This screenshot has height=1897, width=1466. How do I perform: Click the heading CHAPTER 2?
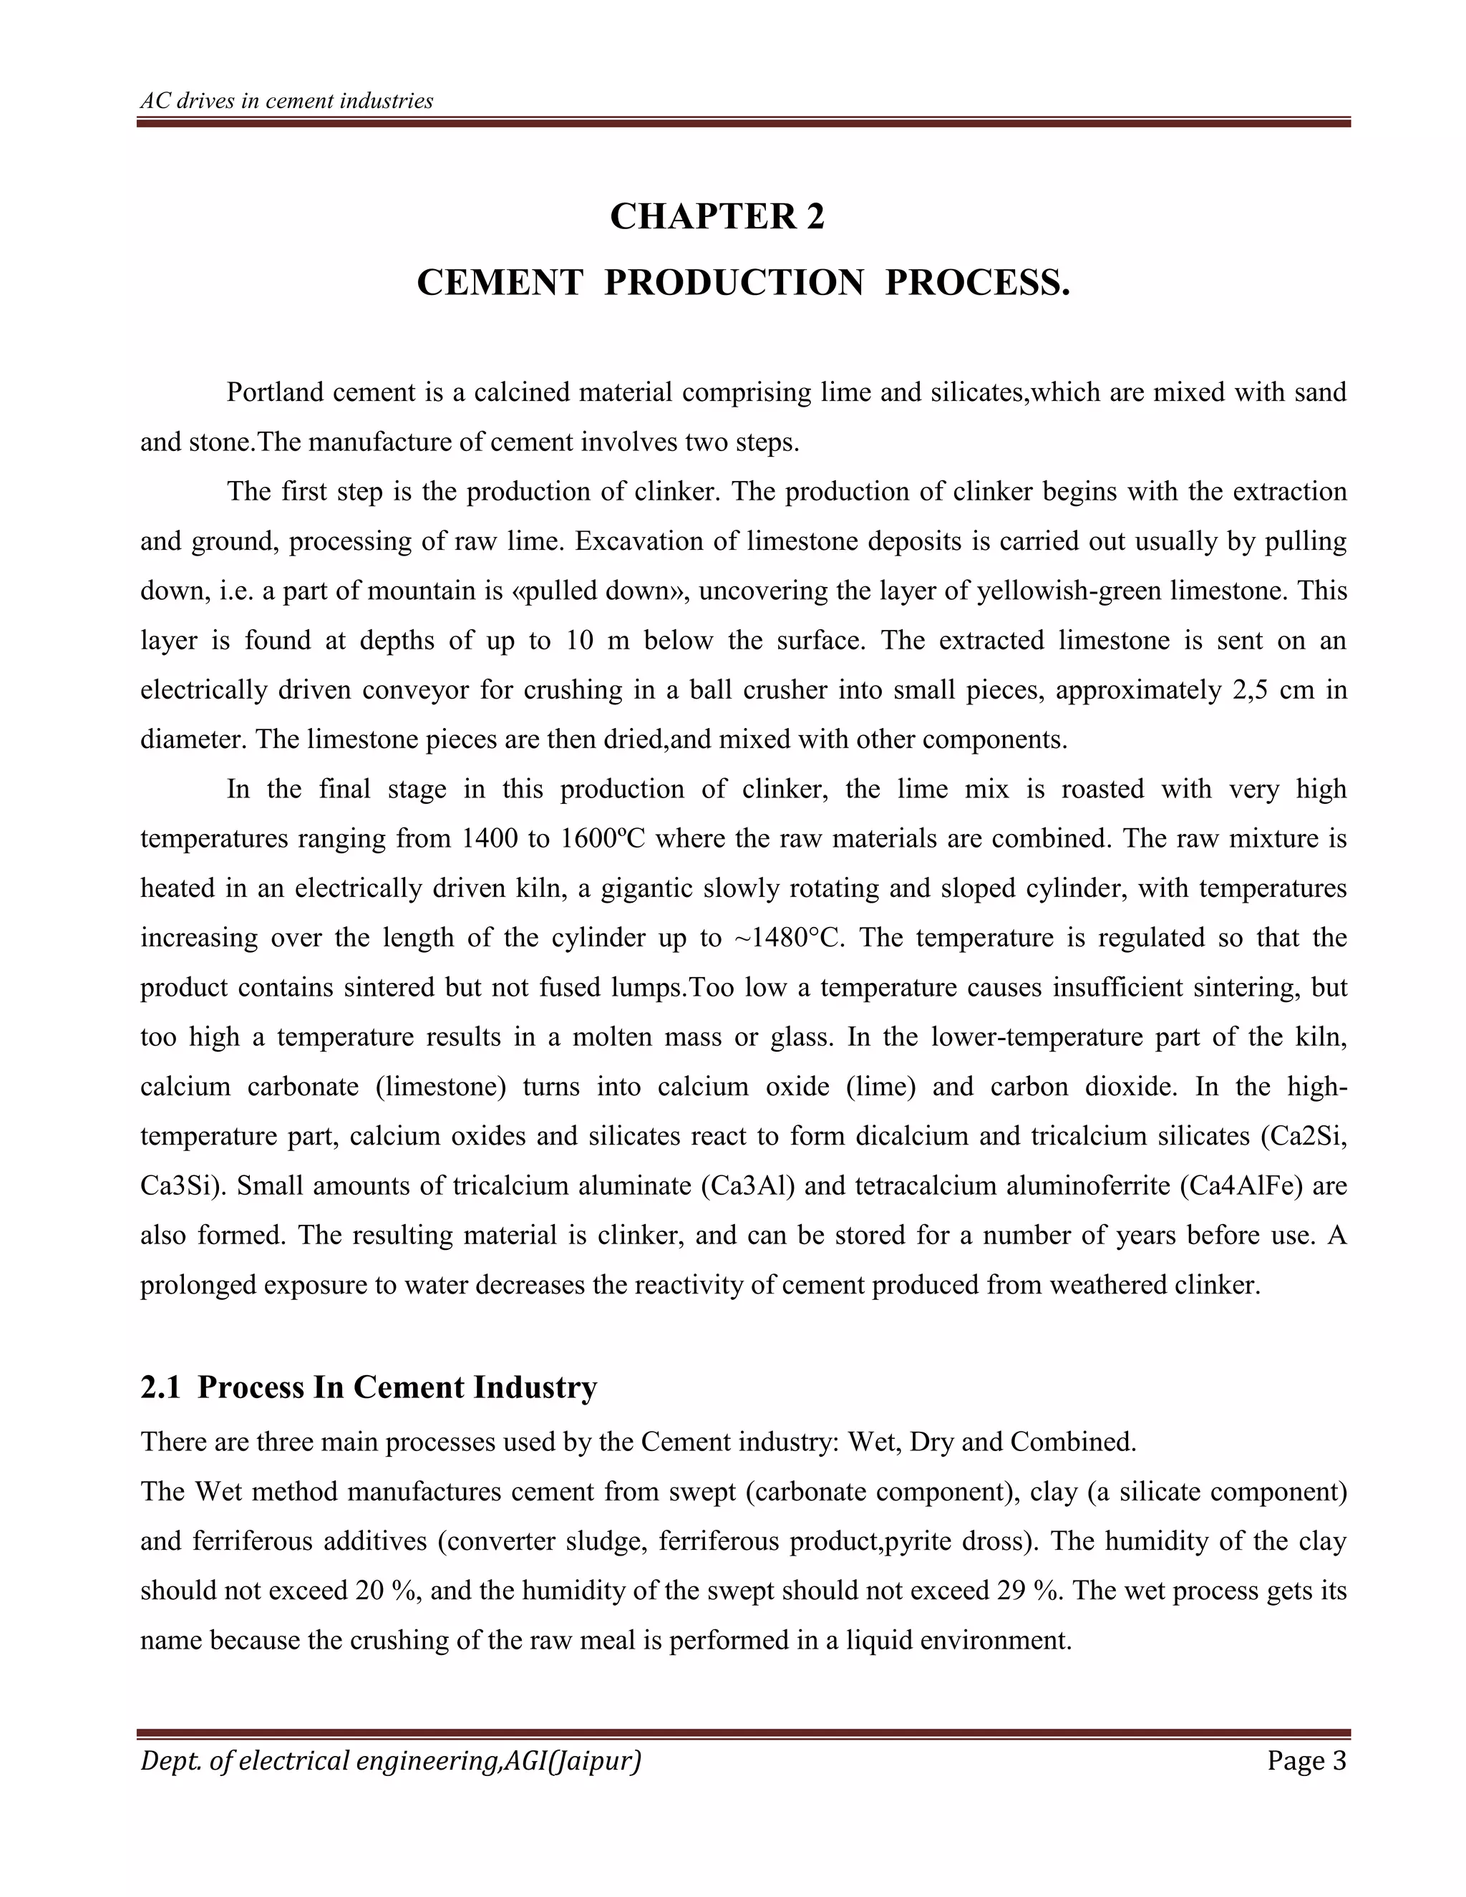pyautogui.click(x=717, y=216)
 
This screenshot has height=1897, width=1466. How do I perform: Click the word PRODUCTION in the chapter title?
pyautogui.click(x=734, y=283)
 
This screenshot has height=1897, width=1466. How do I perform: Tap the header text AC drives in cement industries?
pyautogui.click(x=286, y=101)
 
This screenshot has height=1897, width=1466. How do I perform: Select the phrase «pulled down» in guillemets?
pyautogui.click(x=600, y=591)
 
